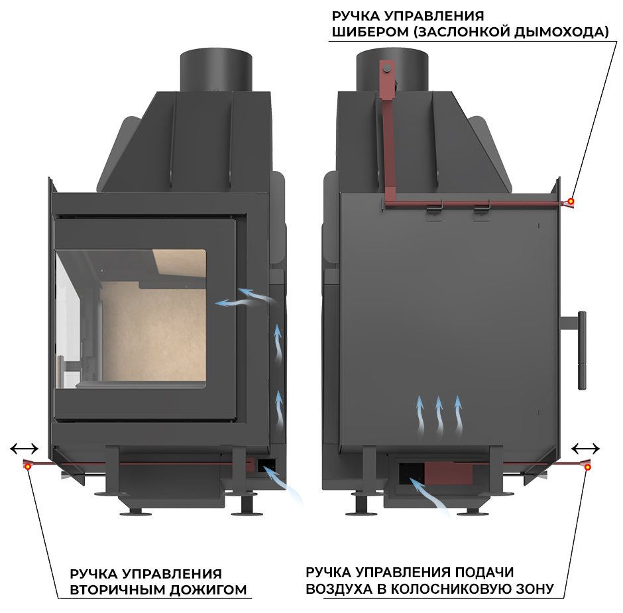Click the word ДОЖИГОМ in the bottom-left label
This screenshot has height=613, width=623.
208,590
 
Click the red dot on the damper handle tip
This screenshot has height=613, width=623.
571,201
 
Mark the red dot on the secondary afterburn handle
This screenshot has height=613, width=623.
28,467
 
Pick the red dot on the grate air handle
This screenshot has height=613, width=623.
587,467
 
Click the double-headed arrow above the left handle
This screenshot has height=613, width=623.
25,449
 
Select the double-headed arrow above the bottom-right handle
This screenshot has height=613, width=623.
585,449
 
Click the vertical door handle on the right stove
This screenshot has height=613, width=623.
582,350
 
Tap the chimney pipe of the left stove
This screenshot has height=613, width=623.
216,71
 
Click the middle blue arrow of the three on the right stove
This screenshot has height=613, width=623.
439,416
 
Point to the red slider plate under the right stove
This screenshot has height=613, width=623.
449,473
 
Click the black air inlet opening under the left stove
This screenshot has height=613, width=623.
267,465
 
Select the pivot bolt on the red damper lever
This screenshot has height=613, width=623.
386,69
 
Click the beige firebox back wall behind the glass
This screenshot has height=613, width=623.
153,334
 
